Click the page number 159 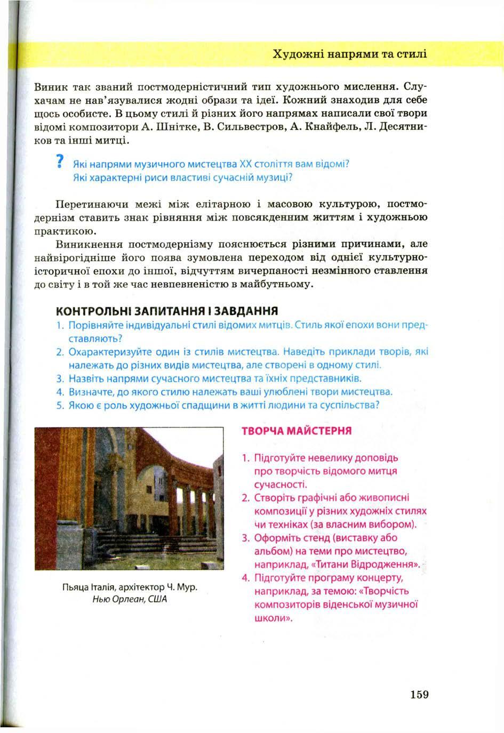coord(420,695)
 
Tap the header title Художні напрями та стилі coord(349,54)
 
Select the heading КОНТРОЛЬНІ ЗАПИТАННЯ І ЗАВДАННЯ coord(167,311)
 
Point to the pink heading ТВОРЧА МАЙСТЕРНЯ coord(297,431)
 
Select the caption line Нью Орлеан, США coord(130,599)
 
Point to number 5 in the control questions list coord(60,405)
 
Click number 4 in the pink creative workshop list coord(245,578)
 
